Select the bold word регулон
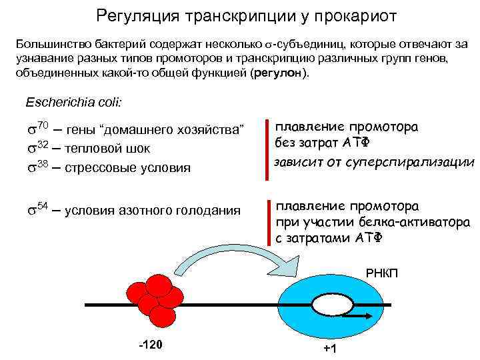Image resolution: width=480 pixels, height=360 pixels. click(278, 73)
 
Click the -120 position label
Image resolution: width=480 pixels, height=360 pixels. click(151, 345)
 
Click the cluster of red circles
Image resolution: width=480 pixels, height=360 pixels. click(155, 298)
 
